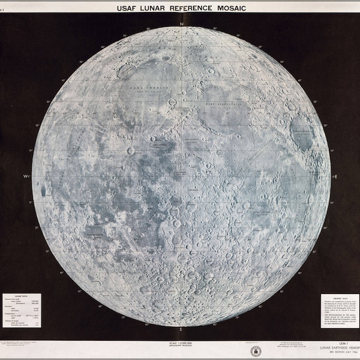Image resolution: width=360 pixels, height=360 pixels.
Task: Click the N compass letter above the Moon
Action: [x=181, y=24]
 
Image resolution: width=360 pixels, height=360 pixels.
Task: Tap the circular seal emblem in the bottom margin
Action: [x=256, y=351]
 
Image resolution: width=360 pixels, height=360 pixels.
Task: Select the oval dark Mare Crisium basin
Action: [x=301, y=133]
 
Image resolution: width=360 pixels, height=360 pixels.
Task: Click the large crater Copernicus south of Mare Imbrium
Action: [x=131, y=151]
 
